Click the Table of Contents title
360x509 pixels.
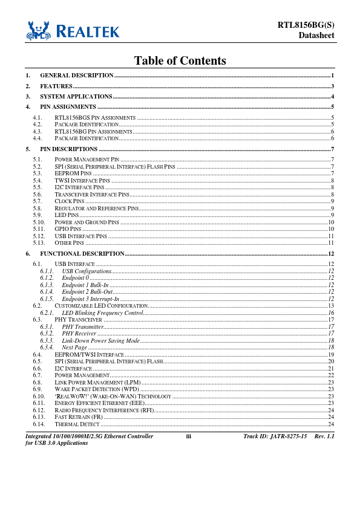pyautogui.click(x=180, y=61)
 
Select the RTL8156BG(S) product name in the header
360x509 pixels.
pyautogui.click(x=306, y=25)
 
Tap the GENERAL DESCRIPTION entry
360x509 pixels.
pyautogui.click(x=77, y=75)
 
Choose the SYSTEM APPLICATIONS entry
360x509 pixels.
pyautogui.click(x=76, y=97)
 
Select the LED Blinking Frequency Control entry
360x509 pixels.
pyautogui.click(x=102, y=313)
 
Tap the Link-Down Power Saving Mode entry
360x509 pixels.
pyautogui.click(x=100, y=341)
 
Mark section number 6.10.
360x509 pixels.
pyautogui.click(x=39, y=397)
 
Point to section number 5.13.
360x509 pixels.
pyautogui.click(x=39, y=242)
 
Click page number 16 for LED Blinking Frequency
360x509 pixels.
pyautogui.click(x=331, y=313)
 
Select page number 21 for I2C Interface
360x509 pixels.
pyautogui.click(x=331, y=368)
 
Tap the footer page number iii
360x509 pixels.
pyautogui.click(x=188, y=436)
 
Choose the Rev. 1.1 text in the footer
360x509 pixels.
pyautogui.click(x=324, y=436)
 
